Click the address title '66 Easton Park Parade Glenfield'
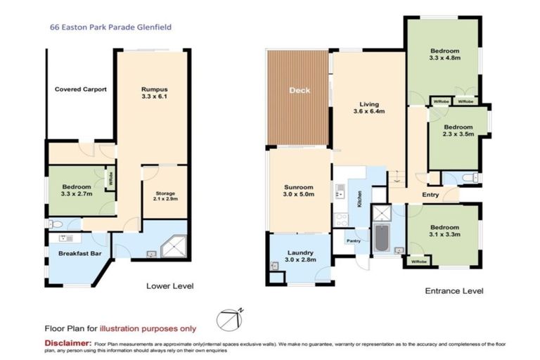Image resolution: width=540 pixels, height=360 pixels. pyautogui.click(x=110, y=27)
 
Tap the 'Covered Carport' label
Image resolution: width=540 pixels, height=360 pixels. pyautogui.click(x=80, y=89)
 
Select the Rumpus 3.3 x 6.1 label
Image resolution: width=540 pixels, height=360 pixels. pyautogui.click(x=153, y=94)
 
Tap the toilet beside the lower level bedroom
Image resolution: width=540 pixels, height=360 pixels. pyautogui.click(x=57, y=224)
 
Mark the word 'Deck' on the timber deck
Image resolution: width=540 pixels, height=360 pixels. pyautogui.click(x=297, y=91)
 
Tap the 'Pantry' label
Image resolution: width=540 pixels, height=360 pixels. pyautogui.click(x=352, y=240)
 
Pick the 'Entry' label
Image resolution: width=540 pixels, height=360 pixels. pyautogui.click(x=431, y=195)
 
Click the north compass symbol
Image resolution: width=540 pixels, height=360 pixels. pyautogui.click(x=230, y=318)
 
